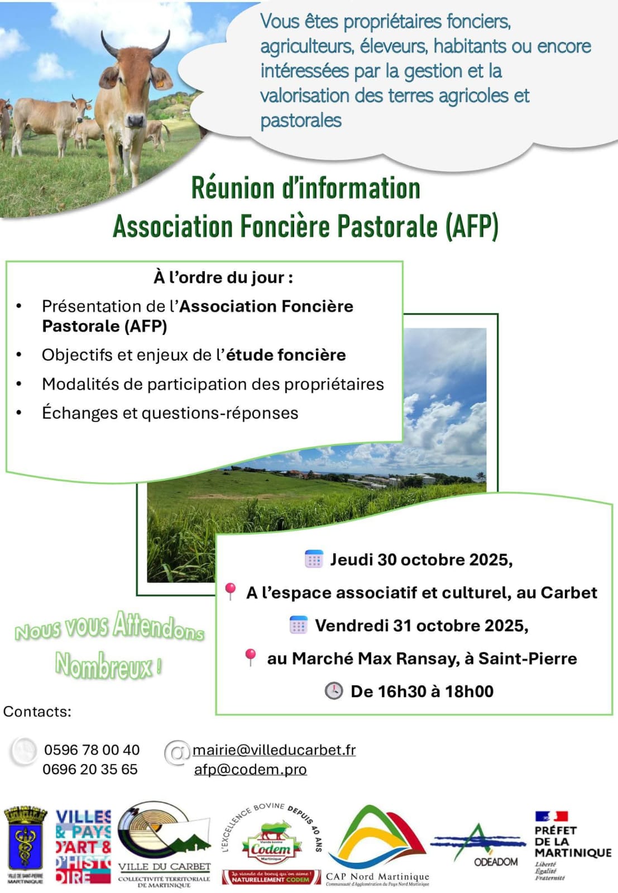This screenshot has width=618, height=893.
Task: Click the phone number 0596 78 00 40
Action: coord(92,750)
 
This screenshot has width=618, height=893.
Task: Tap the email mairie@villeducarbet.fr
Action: coord(274,750)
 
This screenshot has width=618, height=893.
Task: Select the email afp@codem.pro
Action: coord(250,769)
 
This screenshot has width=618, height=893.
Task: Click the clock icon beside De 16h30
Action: coord(333,691)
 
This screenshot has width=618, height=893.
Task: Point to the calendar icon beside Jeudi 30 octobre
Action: coord(314,559)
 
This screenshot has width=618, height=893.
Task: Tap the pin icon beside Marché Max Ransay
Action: coord(250,657)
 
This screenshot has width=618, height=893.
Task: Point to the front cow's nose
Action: coord(135,120)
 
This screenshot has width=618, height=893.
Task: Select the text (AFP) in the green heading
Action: coord(472,227)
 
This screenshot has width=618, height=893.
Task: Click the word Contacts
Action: coord(37,712)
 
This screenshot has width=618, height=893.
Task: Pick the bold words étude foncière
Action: coord(285,355)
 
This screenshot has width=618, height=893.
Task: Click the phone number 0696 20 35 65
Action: coord(90,769)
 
